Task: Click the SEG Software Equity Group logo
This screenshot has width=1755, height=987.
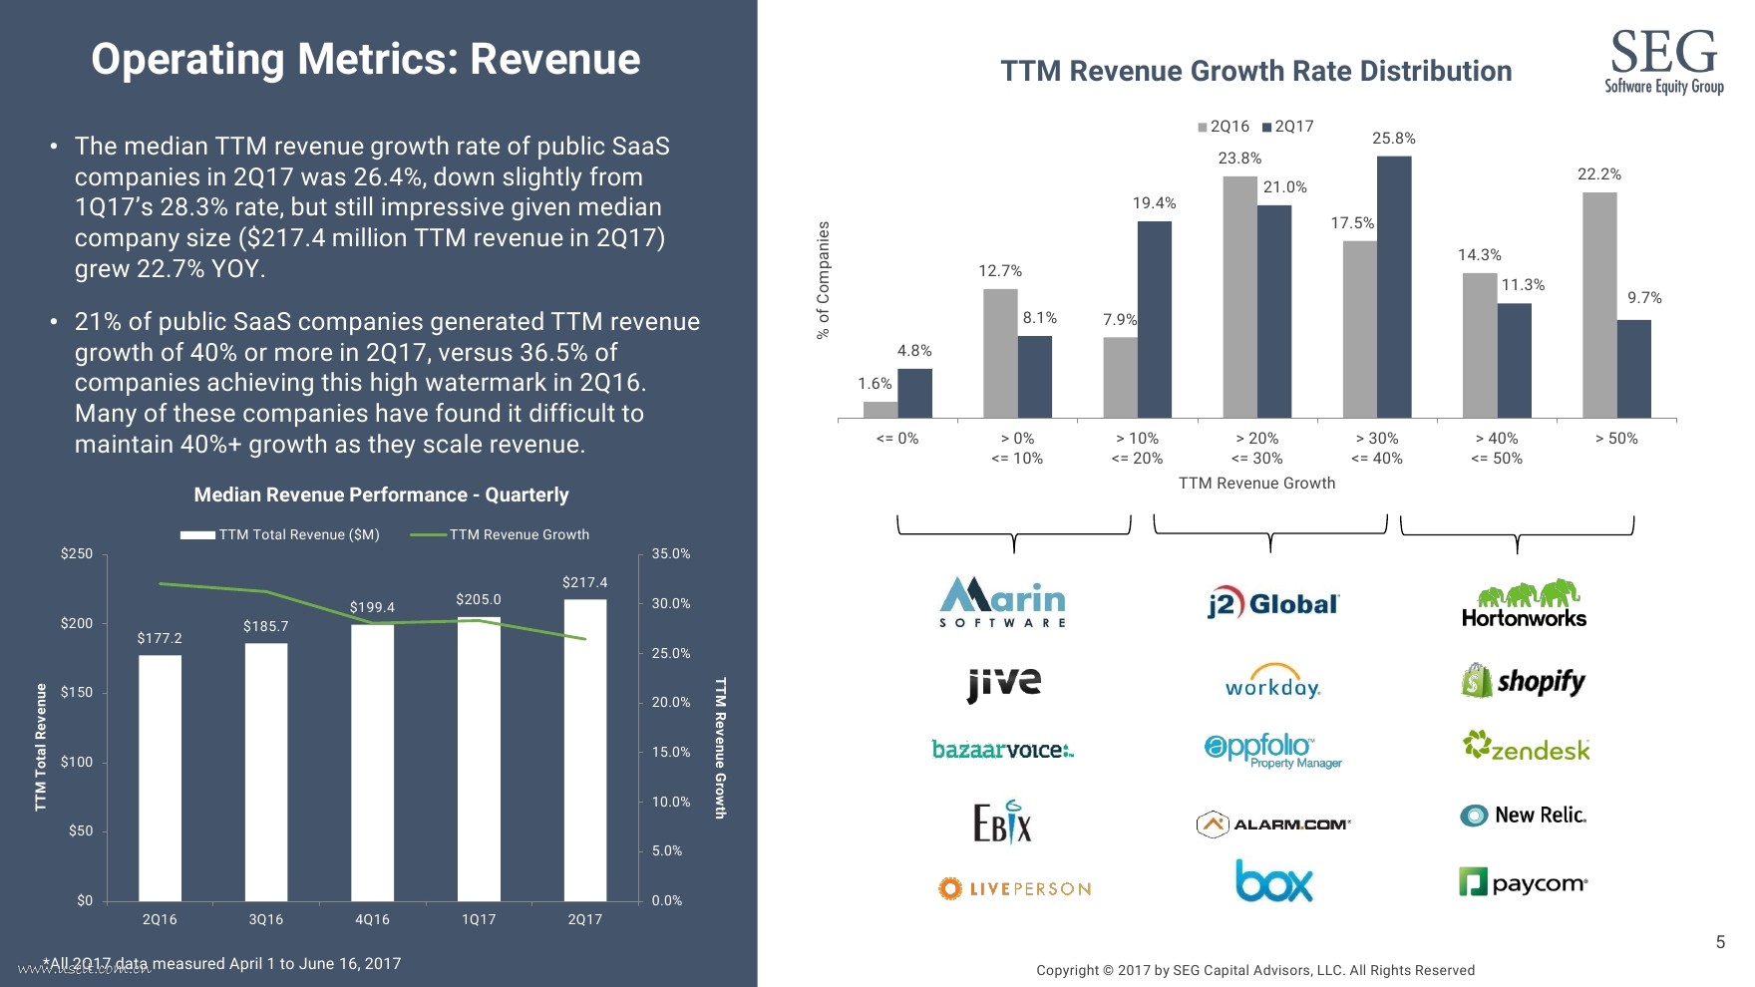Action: pyautogui.click(x=1663, y=62)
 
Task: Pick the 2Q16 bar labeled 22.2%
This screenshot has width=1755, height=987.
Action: pyautogui.click(x=1599, y=305)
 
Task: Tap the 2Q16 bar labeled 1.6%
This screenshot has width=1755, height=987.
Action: pyautogui.click(x=880, y=410)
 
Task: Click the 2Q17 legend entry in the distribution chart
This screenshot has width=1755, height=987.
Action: pyautogui.click(x=1287, y=127)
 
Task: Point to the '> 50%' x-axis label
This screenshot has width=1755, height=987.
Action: pyautogui.click(x=1616, y=439)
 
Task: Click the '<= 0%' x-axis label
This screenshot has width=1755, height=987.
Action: pyautogui.click(x=897, y=439)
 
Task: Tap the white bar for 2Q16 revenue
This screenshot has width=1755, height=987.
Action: pyautogui.click(x=160, y=778)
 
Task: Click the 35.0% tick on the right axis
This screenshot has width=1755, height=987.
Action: pyautogui.click(x=671, y=554)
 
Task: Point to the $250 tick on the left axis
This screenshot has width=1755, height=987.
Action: pyautogui.click(x=77, y=554)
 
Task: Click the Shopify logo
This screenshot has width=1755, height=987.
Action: pyautogui.click(x=1524, y=682)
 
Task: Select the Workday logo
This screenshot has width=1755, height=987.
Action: pyautogui.click(x=1272, y=682)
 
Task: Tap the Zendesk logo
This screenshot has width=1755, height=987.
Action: pyautogui.click(x=1526, y=748)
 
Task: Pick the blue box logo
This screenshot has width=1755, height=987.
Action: pyautogui.click(x=1273, y=881)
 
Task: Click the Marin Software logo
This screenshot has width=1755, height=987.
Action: pyautogui.click(x=1003, y=602)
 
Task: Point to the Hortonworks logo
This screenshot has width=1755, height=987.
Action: pyautogui.click(x=1524, y=604)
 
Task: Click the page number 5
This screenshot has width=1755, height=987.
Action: pyautogui.click(x=1720, y=942)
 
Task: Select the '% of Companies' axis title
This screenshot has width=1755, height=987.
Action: pyautogui.click(x=824, y=280)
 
